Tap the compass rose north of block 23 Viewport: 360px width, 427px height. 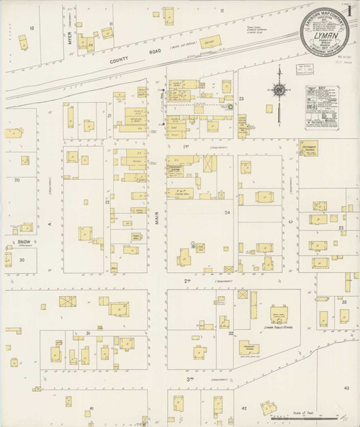coord(278,91)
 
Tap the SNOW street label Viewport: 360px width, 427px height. coord(24,243)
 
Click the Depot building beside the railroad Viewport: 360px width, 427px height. coord(211,42)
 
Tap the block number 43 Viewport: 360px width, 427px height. coord(346,389)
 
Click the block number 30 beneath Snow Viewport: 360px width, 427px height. coord(22,259)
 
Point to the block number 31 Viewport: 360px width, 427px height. coord(88,333)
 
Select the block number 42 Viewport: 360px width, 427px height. coord(244,408)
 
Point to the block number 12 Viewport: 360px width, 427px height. coord(222,11)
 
